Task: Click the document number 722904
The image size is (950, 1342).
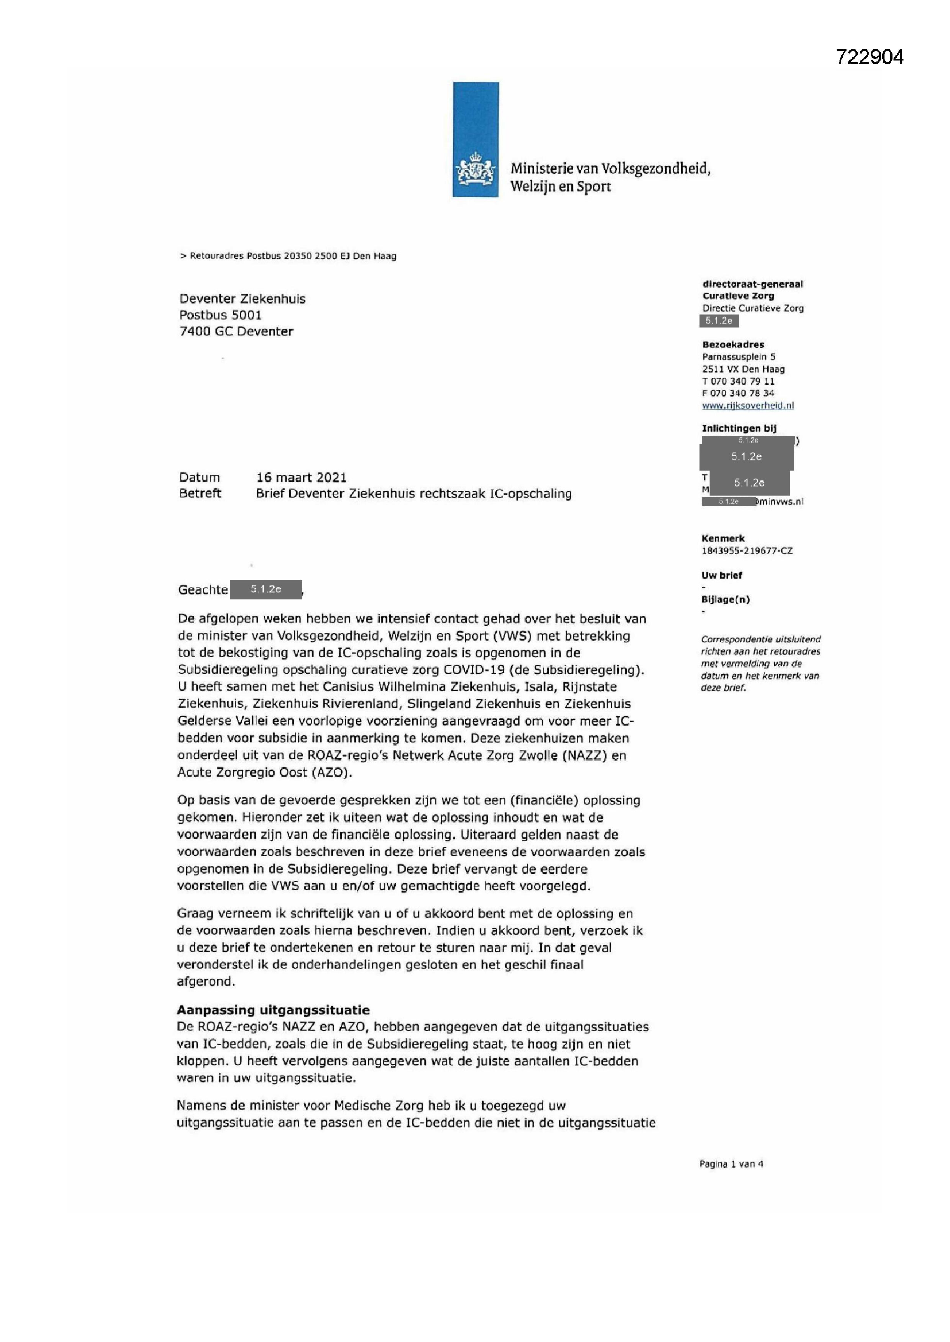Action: pyautogui.click(x=869, y=57)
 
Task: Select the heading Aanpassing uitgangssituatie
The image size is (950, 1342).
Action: pyautogui.click(x=273, y=1010)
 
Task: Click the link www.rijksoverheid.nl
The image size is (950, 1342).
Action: pyautogui.click(x=748, y=405)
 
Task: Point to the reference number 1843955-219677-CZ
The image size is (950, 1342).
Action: pyautogui.click(x=747, y=550)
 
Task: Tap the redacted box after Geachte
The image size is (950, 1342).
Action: pyautogui.click(x=266, y=589)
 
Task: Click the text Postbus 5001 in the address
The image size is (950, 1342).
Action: pyautogui.click(x=221, y=315)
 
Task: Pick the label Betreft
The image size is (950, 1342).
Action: pyautogui.click(x=200, y=493)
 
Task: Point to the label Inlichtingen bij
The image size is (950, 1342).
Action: pyautogui.click(x=739, y=428)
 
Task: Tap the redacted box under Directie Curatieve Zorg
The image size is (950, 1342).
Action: pyautogui.click(x=719, y=320)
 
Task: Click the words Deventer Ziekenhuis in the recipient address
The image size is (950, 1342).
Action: pyautogui.click(x=242, y=298)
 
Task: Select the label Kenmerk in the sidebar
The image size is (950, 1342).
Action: pyautogui.click(x=723, y=538)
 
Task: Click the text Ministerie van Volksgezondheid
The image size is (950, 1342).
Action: pyautogui.click(x=610, y=169)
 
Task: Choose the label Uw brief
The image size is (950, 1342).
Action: pyautogui.click(x=722, y=575)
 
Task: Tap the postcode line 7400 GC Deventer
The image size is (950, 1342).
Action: pyautogui.click(x=235, y=331)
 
